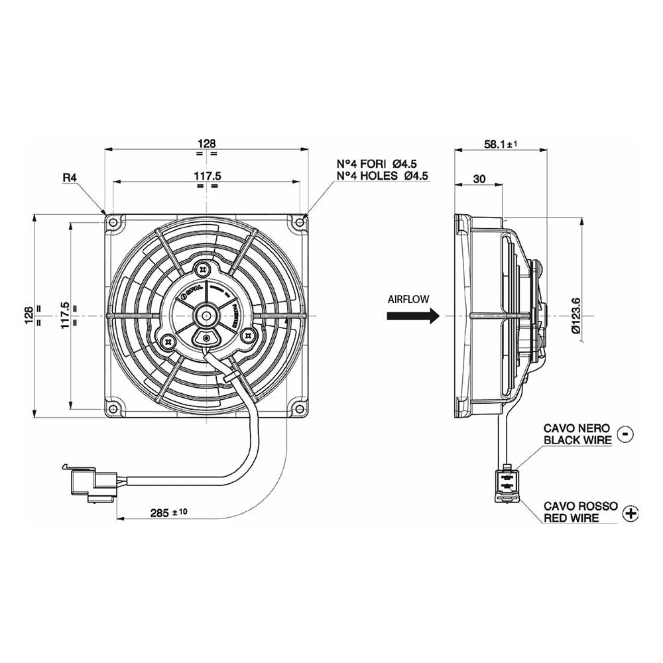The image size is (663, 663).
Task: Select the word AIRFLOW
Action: tap(409, 299)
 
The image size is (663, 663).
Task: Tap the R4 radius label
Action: tap(70, 178)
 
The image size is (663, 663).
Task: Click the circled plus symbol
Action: tap(631, 512)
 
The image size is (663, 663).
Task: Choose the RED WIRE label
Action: tap(572, 518)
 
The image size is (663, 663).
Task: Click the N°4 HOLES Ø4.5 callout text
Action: tap(383, 176)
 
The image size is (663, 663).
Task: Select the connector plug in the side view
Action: tap(507, 483)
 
